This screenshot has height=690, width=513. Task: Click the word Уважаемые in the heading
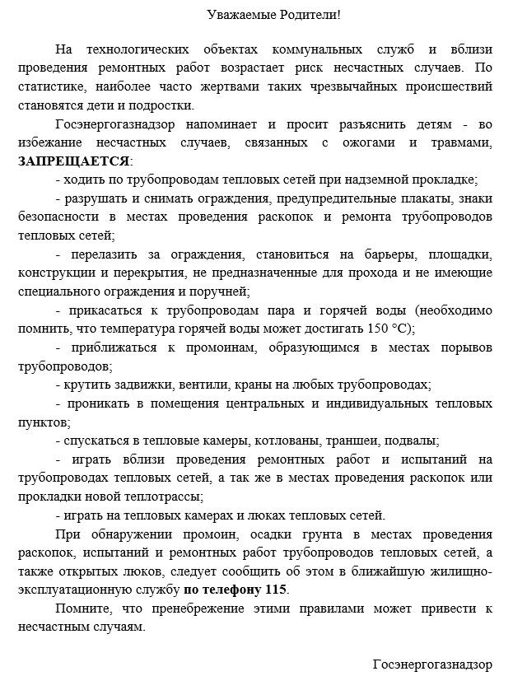(236, 15)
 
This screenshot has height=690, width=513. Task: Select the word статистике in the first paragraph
(49, 86)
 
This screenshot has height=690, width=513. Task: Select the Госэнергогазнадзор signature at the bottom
(431, 664)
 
